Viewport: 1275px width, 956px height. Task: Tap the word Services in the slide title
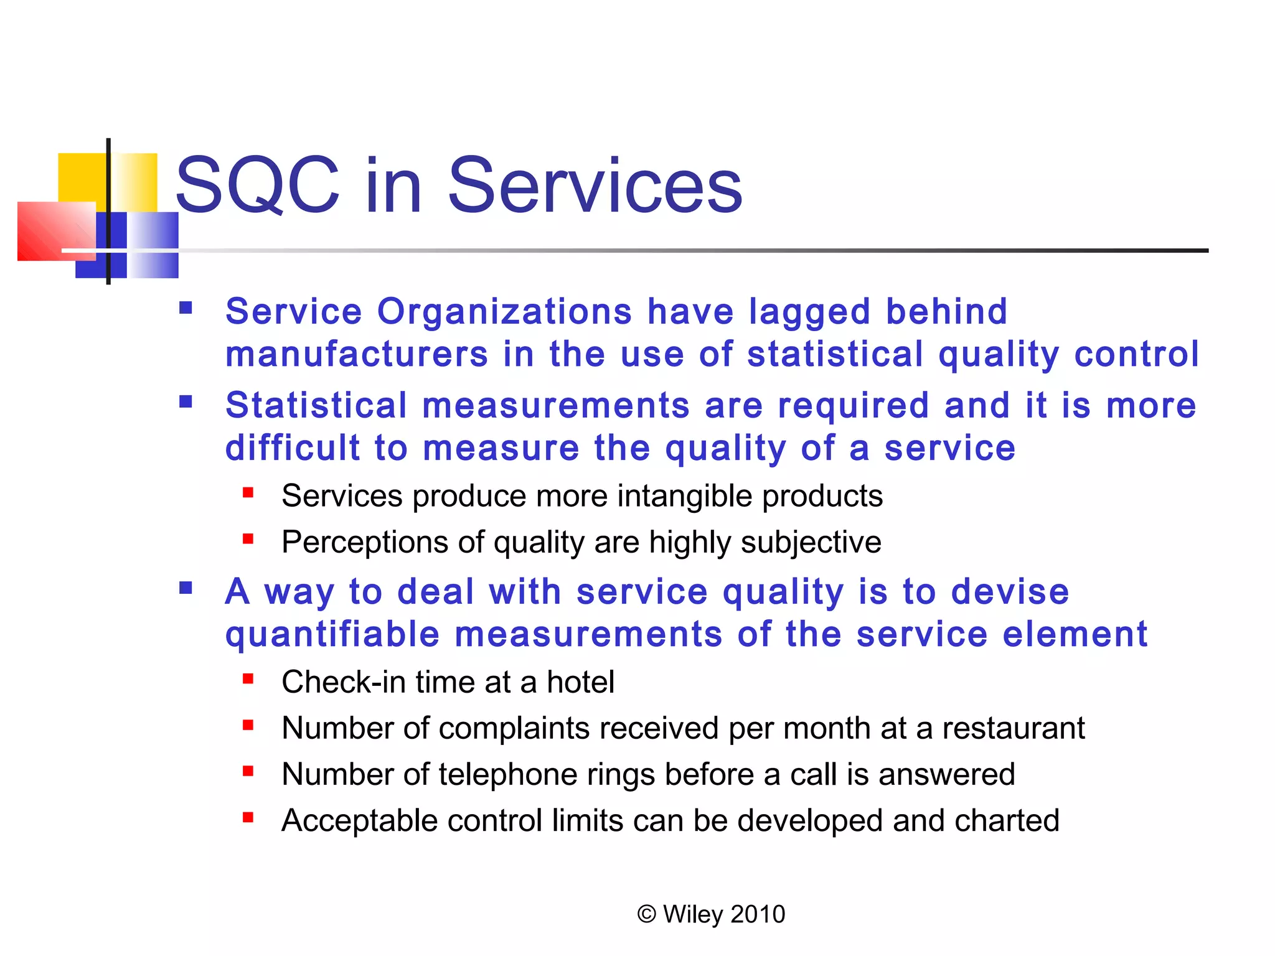pyautogui.click(x=595, y=185)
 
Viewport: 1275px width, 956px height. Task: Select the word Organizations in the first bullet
pyautogui.click(x=505, y=311)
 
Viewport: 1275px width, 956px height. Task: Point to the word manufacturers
pyautogui.click(x=357, y=354)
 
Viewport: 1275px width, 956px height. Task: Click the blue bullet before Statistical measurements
pyautogui.click(x=186, y=401)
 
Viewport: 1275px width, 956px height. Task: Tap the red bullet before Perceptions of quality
pyautogui.click(x=248, y=539)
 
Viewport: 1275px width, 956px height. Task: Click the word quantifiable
pyautogui.click(x=332, y=635)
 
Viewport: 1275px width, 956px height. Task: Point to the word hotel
pyautogui.click(x=580, y=682)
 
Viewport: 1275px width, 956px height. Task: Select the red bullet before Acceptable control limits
pyautogui.click(x=248, y=818)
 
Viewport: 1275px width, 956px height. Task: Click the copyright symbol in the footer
pyautogui.click(x=647, y=914)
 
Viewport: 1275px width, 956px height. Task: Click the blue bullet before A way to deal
pyautogui.click(x=186, y=588)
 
